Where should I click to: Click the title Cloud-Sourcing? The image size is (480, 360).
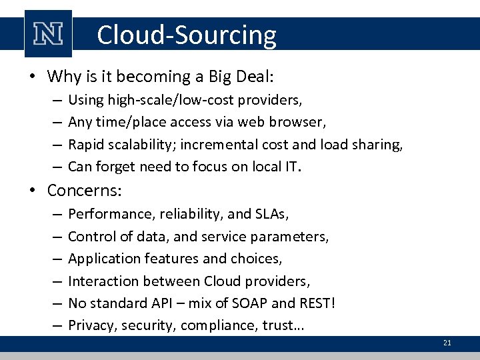[x=186, y=35]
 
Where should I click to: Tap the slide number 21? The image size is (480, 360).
[x=447, y=343]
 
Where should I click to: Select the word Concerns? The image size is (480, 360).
[x=83, y=190]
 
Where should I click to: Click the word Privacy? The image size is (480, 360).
[x=90, y=326]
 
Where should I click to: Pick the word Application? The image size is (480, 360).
[x=101, y=259]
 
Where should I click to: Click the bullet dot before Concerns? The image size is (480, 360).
[x=33, y=191]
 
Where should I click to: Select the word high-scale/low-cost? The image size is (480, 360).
[x=173, y=100]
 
